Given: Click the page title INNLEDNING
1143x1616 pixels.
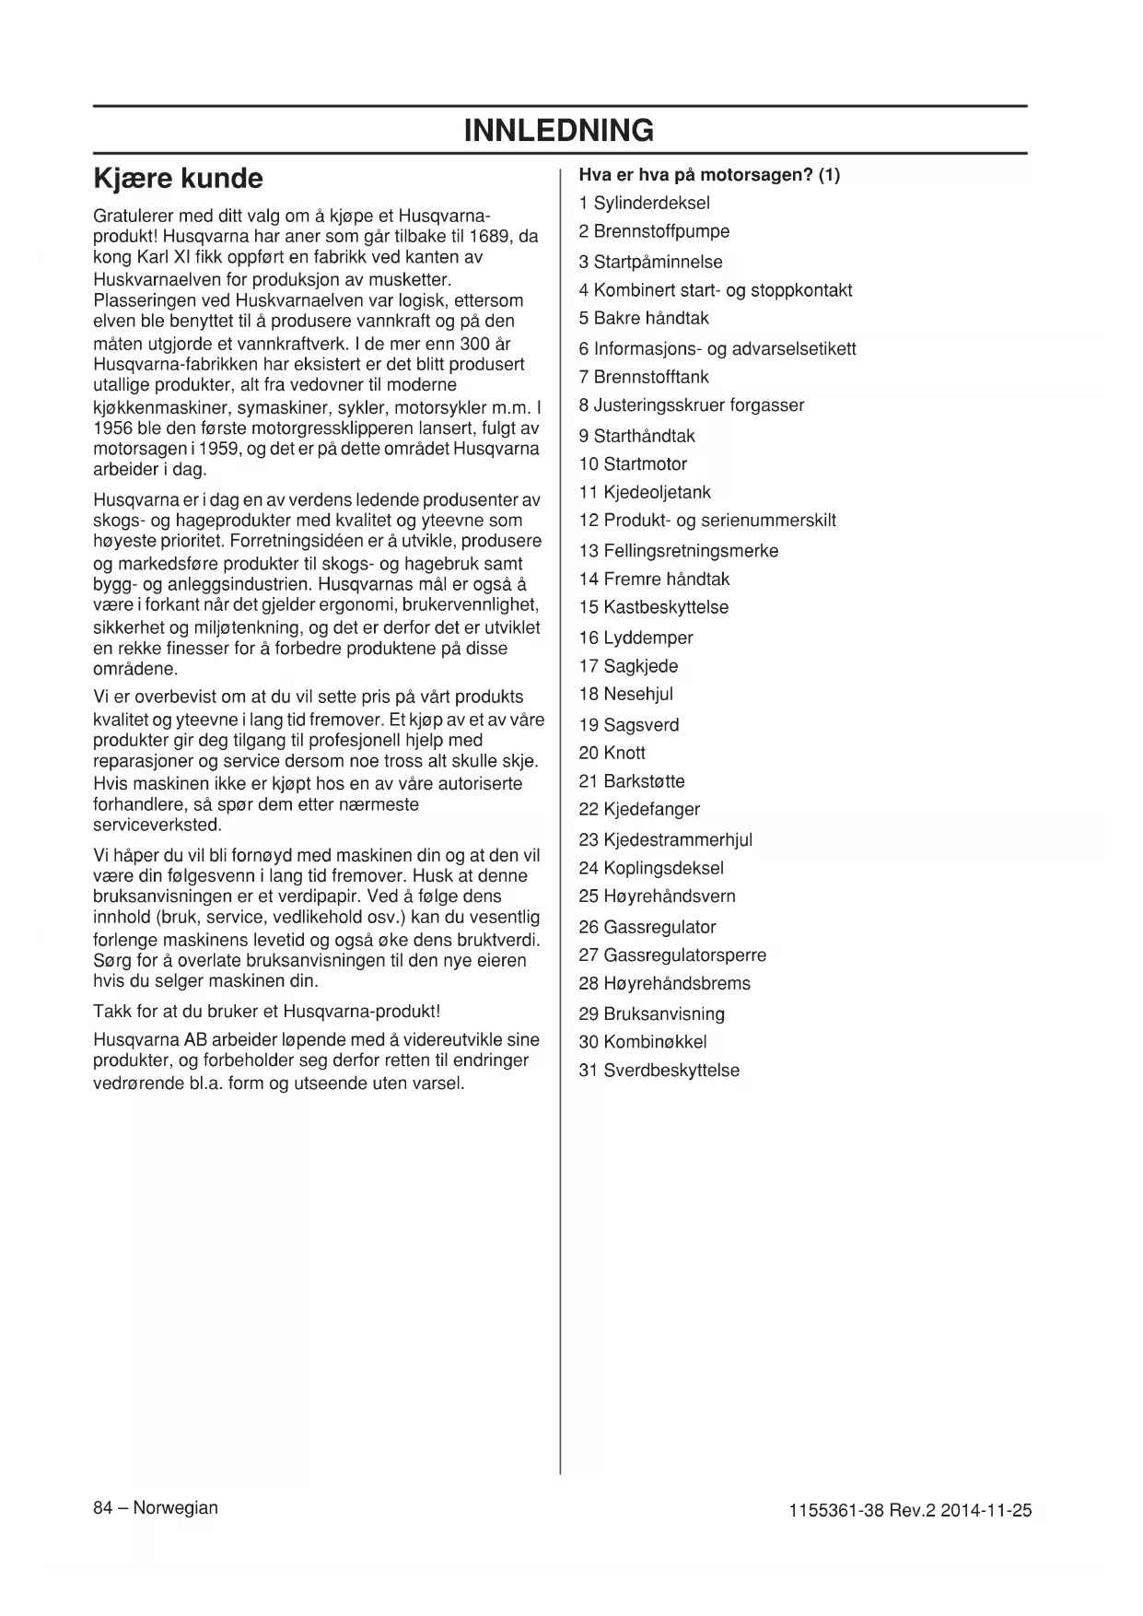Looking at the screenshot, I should click(559, 130).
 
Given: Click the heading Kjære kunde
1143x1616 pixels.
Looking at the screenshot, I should click(179, 178).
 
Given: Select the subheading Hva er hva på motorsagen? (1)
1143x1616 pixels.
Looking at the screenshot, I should click(709, 174).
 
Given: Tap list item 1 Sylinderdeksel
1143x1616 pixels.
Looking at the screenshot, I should click(644, 203).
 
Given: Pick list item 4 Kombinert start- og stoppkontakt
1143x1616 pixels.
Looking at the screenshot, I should click(715, 290).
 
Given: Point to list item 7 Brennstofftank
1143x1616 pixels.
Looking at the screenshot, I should click(644, 376).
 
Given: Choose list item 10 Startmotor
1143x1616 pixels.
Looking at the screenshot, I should click(633, 463).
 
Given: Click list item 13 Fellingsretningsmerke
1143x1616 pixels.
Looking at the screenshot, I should click(679, 550).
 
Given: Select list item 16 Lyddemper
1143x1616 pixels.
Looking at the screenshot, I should click(636, 637).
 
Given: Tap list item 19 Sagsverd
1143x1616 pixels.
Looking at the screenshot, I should click(629, 724).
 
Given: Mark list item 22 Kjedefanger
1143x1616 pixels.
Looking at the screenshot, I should click(639, 809).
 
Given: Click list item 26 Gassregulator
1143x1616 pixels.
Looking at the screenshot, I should click(647, 927).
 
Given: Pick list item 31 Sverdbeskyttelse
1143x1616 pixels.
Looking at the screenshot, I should click(659, 1070).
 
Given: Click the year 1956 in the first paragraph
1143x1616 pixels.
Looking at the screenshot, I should click(113, 427).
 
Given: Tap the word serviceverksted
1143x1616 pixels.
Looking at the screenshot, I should click(157, 825).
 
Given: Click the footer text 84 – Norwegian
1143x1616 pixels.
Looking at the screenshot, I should click(156, 1507).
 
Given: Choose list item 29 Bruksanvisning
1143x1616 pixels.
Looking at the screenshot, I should click(651, 1013).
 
